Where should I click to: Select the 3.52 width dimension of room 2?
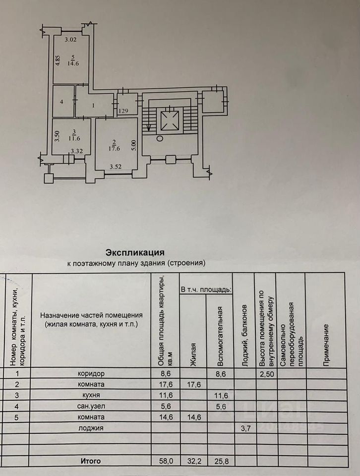coord(116,167)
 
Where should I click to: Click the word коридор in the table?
coord(91,373)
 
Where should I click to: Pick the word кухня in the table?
coord(91,395)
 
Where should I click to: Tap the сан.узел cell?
coord(91,406)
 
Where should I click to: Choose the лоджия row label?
coord(91,428)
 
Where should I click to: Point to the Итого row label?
coord(91,461)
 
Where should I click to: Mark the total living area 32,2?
coord(191,461)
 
